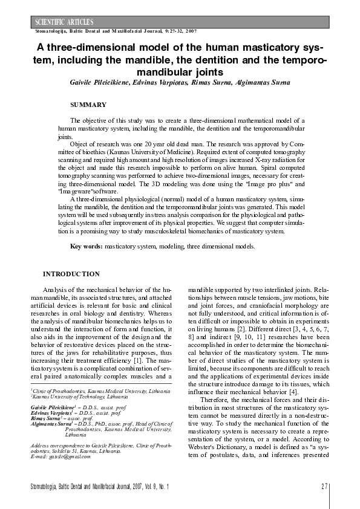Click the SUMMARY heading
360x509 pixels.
tap(88, 105)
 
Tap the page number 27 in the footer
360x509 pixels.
tap(324, 486)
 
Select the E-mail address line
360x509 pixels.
tap(61, 456)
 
